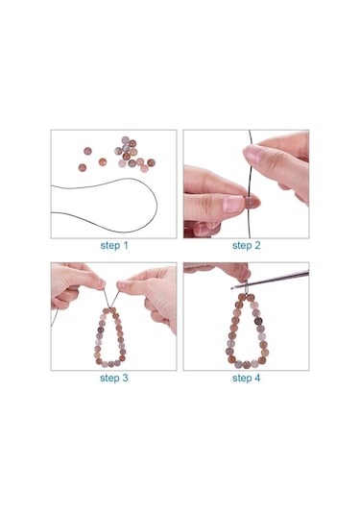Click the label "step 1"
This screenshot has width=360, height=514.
point(113,245)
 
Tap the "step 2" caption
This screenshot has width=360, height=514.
point(247,245)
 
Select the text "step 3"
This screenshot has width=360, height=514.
point(113,378)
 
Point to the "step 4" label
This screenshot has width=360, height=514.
point(247,378)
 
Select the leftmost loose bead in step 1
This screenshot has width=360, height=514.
point(84,153)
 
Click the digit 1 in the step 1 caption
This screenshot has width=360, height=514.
point(125,245)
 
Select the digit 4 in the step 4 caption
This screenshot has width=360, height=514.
point(258,378)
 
